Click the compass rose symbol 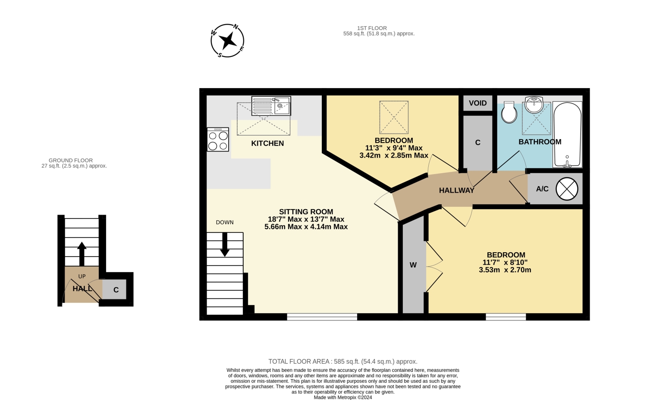click(227, 41)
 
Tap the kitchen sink click(271, 106)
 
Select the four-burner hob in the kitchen click(218, 140)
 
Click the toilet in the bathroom click(509, 112)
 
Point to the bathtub click(567, 134)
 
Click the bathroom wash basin click(534, 105)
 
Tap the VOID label click(478, 103)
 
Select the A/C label click(542, 189)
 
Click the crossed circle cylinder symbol click(567, 189)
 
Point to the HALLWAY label click(457, 190)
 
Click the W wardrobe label click(413, 265)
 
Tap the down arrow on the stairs click(225, 244)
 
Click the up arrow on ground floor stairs click(82, 254)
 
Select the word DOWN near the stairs click(225, 222)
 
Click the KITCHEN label click(267, 143)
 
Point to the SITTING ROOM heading click(306, 212)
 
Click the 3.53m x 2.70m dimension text click(505, 270)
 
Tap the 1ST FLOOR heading click(372, 28)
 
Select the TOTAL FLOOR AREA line click(343, 362)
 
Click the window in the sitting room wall click(322, 317)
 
